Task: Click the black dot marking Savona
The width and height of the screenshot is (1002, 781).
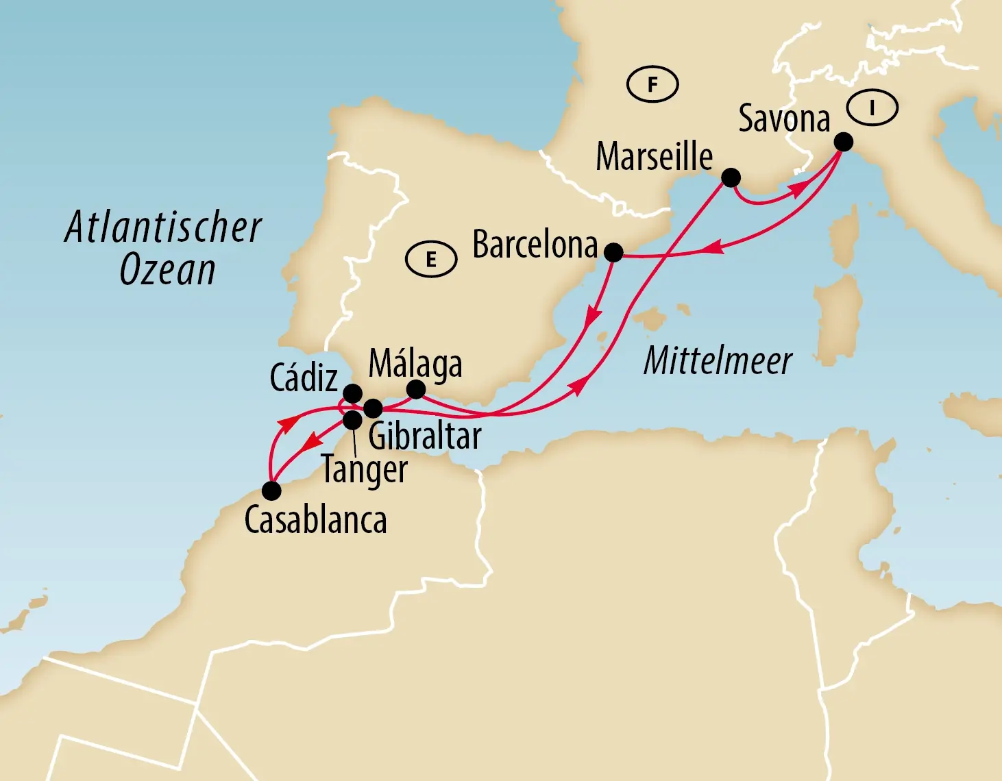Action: tap(844, 142)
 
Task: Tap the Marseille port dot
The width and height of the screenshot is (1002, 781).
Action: tap(731, 177)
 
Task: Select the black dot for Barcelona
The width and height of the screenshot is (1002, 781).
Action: tap(613, 253)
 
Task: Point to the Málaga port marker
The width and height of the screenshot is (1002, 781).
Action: tap(416, 390)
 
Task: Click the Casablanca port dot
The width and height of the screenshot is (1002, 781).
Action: tap(271, 491)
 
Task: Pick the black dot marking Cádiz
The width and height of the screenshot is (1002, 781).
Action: tap(352, 393)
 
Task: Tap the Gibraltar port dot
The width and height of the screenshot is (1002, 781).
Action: tap(373, 409)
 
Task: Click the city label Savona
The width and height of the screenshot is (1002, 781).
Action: tap(784, 119)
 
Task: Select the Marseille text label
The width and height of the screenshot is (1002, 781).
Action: tap(654, 157)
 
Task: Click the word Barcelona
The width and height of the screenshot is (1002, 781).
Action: tap(535, 245)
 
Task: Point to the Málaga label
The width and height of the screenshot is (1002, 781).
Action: tap(415, 364)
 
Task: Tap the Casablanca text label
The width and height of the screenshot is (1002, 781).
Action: tap(315, 520)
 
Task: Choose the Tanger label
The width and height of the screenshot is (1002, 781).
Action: tap(365, 470)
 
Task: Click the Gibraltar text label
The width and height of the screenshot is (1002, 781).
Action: tap(425, 436)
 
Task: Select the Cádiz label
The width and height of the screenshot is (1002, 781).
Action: tap(304, 377)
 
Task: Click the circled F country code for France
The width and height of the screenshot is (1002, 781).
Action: tap(652, 85)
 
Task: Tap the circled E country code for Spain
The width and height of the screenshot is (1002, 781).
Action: tap(431, 260)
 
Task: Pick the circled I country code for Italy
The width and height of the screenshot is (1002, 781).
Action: tap(872, 108)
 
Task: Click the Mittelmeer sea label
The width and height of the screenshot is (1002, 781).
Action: tap(718, 361)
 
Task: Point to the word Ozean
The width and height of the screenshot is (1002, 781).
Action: tap(168, 270)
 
